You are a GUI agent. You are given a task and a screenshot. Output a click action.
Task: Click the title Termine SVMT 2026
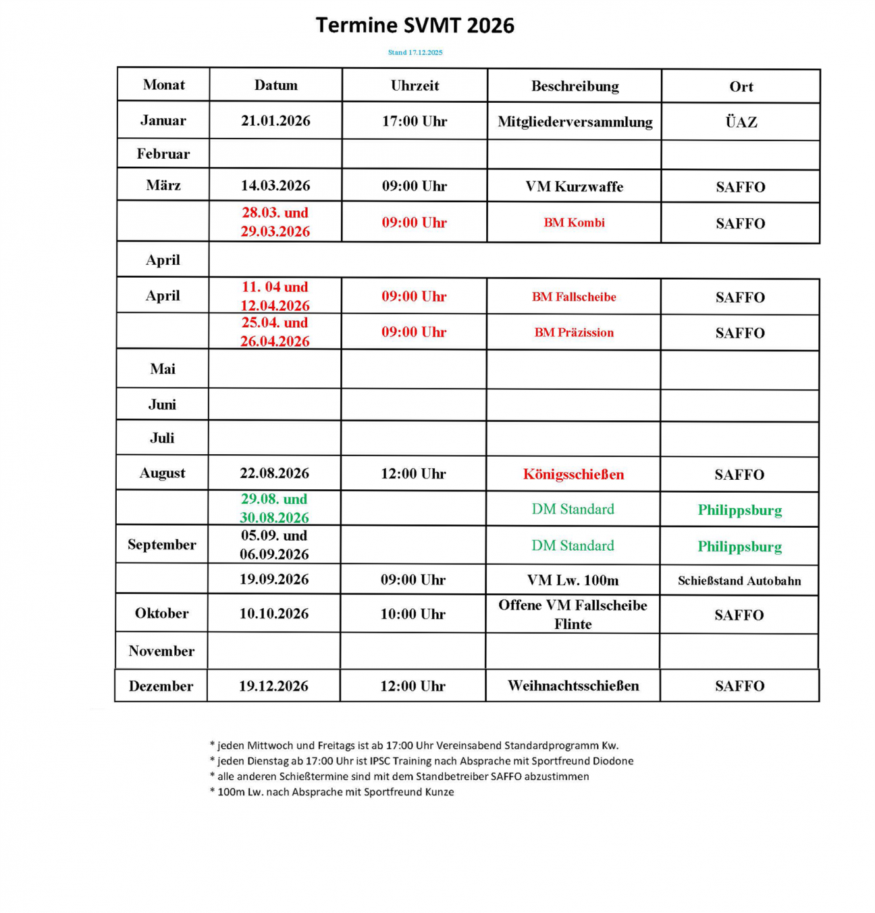click(x=415, y=26)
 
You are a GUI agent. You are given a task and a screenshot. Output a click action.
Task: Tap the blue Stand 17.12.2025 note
click(x=415, y=52)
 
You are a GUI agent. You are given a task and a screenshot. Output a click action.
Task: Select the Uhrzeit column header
click(x=415, y=85)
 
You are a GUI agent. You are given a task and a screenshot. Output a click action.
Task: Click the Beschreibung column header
click(x=575, y=86)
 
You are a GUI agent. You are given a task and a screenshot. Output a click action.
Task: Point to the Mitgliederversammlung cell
click(x=575, y=122)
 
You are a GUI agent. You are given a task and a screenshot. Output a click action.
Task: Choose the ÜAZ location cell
click(x=741, y=122)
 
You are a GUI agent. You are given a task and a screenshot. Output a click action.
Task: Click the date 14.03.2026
click(x=275, y=185)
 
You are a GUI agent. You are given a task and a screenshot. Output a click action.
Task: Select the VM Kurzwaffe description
click(x=574, y=187)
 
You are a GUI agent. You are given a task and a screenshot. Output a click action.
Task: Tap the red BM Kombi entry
click(x=574, y=222)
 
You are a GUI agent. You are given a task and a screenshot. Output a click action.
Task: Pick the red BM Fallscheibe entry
click(x=574, y=297)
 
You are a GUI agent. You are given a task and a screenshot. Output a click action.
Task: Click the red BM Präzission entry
click(x=574, y=332)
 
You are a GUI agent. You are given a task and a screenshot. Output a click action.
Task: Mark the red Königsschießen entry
click(x=573, y=474)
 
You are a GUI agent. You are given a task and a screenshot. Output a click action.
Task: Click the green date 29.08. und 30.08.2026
click(x=274, y=508)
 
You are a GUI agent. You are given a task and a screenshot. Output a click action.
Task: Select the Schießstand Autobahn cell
click(x=739, y=581)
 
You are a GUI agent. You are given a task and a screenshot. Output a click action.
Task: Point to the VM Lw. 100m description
click(x=573, y=580)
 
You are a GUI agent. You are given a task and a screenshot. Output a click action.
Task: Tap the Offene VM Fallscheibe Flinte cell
click(x=573, y=614)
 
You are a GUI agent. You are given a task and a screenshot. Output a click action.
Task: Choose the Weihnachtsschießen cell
click(x=573, y=686)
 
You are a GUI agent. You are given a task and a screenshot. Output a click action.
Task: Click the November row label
click(x=161, y=651)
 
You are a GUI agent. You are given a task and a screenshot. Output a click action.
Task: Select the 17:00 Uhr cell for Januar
click(x=415, y=121)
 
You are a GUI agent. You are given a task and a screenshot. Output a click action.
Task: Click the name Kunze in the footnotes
click(x=439, y=792)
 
